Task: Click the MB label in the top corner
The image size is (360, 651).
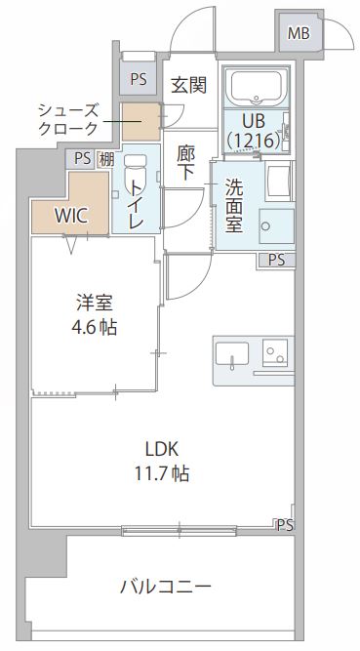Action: point(299,34)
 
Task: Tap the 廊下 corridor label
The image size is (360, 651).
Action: point(186,162)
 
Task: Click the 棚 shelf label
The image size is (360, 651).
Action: point(106,159)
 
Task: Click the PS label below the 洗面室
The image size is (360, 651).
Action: point(277,260)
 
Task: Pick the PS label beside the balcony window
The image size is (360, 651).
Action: point(283,525)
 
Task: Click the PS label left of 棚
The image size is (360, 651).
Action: point(82,158)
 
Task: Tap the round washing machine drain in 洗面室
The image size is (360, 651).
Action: point(266,226)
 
